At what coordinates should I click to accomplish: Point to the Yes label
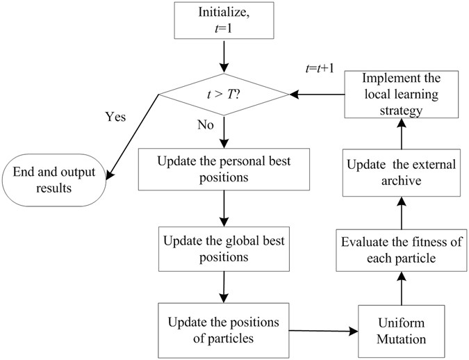[x=115, y=117]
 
